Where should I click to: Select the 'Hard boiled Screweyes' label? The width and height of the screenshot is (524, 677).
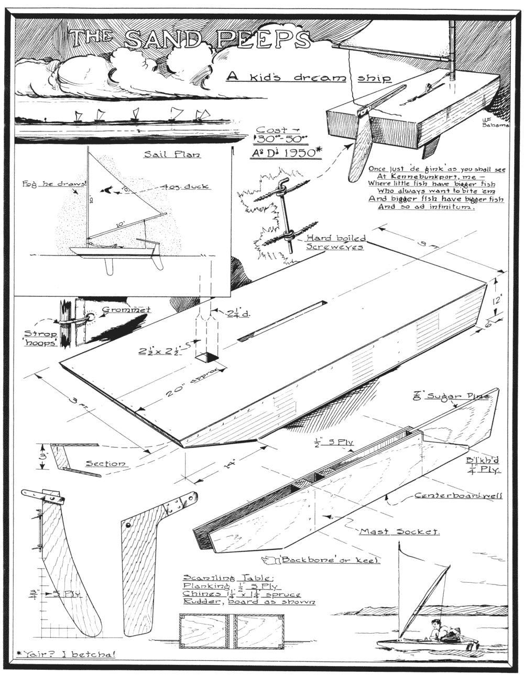(x=335, y=242)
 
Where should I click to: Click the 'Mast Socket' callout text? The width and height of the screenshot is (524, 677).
(x=399, y=531)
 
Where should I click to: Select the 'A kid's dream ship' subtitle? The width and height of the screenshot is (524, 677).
(x=309, y=77)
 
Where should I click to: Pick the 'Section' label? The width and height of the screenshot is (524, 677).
(x=105, y=463)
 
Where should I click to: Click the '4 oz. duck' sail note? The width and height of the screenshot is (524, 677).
(x=187, y=186)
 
